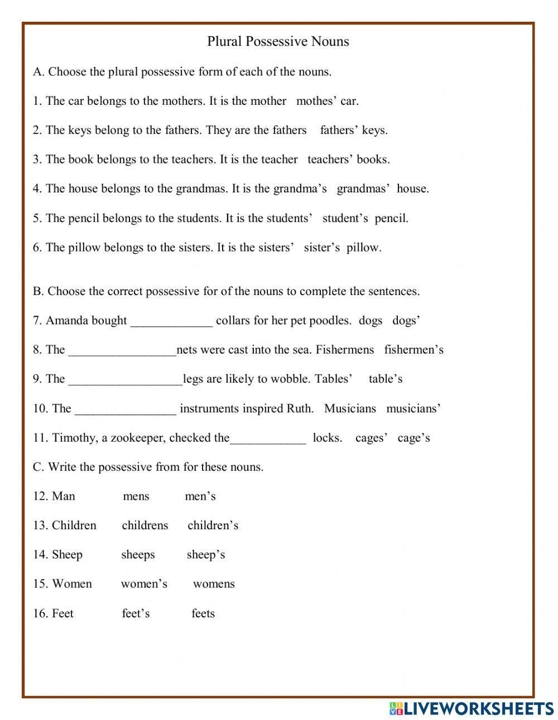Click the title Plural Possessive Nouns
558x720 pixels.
click(x=278, y=41)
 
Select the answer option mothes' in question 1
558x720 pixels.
click(x=315, y=101)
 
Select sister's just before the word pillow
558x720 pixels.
click(x=321, y=248)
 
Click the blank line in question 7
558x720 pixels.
click(x=171, y=322)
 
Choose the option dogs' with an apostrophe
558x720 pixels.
click(x=406, y=321)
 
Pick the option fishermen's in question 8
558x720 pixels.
click(x=413, y=350)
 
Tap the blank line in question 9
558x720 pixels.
click(x=125, y=380)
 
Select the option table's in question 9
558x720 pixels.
click(x=385, y=379)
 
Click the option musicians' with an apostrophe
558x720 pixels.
click(x=413, y=409)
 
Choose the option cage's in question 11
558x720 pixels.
click(x=413, y=438)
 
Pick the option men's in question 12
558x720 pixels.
click(x=200, y=496)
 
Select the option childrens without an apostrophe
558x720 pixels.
click(x=145, y=525)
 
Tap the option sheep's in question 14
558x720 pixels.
click(x=205, y=555)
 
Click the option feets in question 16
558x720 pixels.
click(x=203, y=613)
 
